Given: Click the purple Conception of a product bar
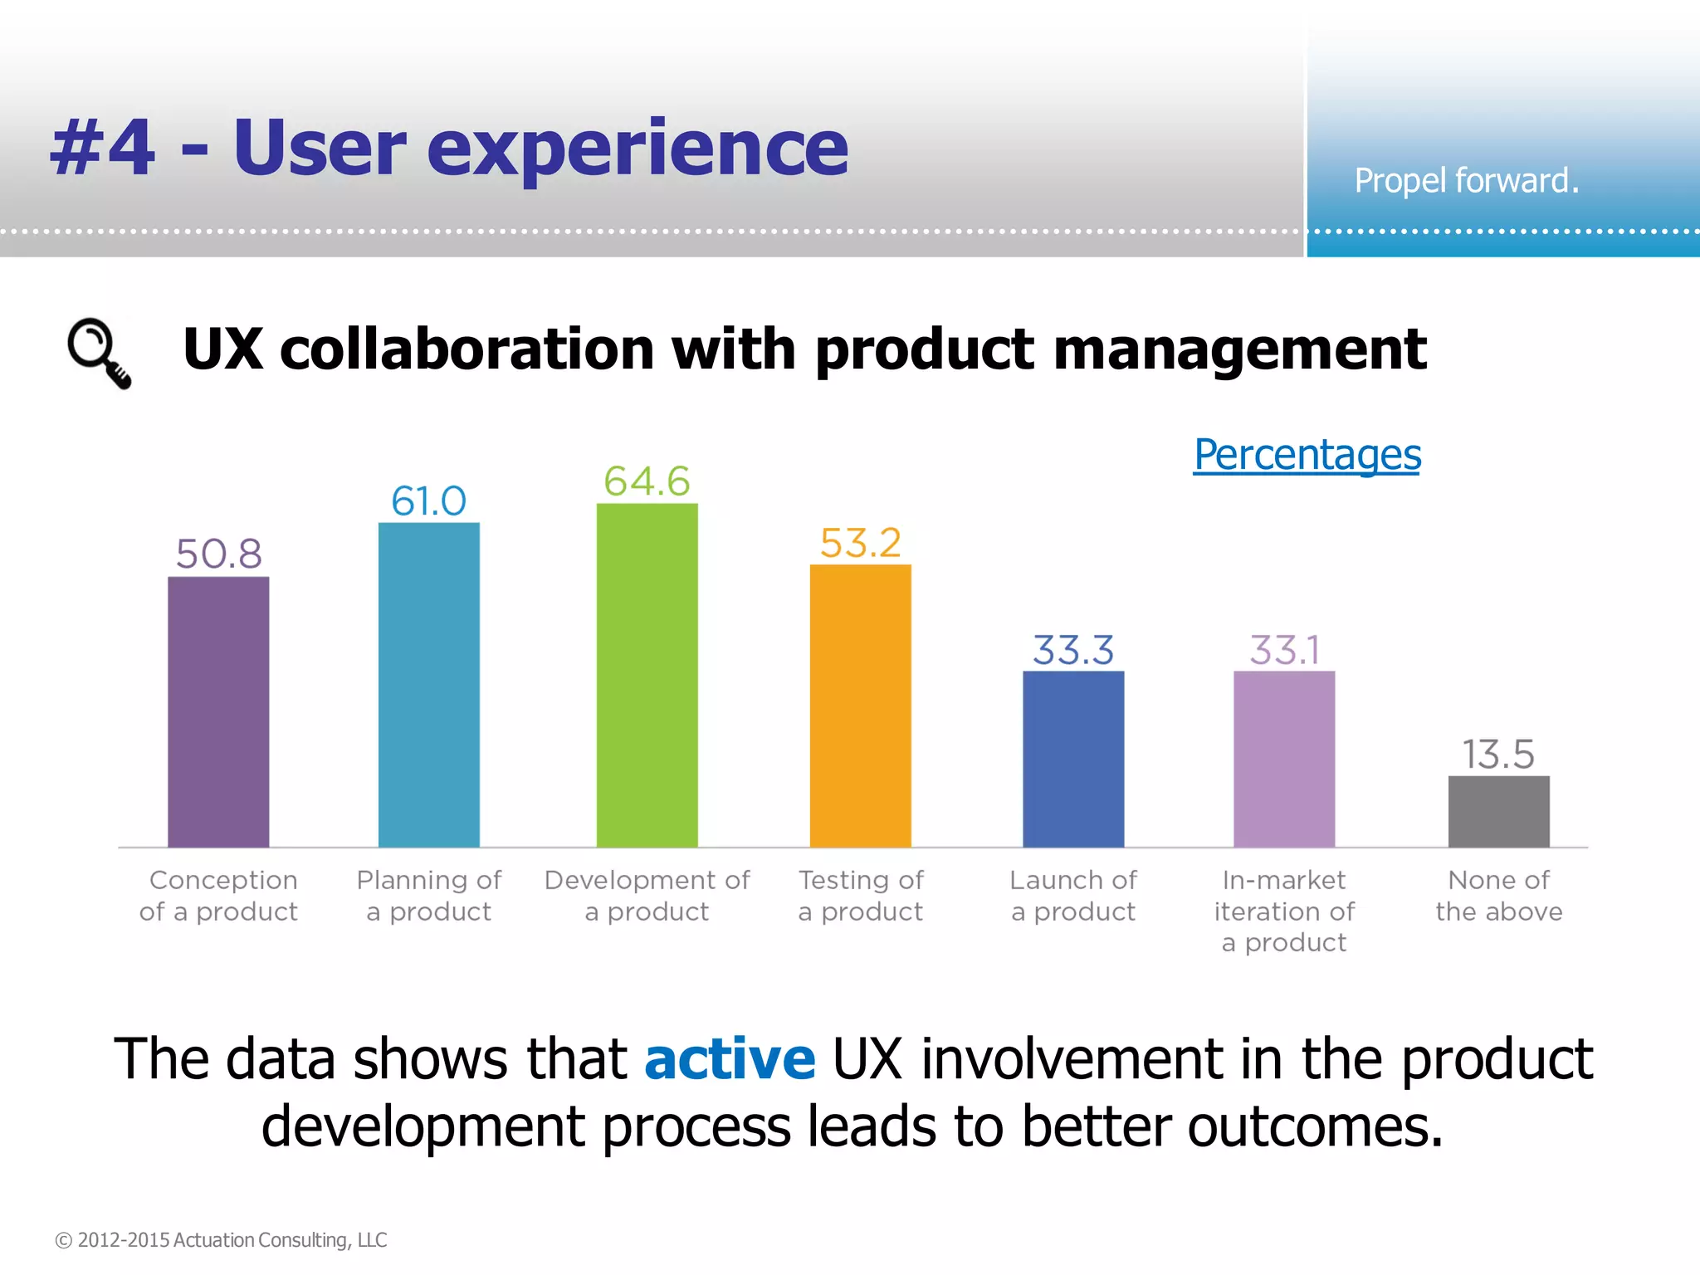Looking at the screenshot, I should (x=218, y=711).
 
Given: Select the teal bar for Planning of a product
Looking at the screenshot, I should (x=428, y=684).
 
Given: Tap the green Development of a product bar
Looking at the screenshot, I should (x=647, y=675).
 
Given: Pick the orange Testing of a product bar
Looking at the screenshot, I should (x=860, y=706).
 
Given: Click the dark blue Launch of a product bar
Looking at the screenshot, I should (x=1072, y=759).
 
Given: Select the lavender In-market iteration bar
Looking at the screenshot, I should (x=1283, y=759).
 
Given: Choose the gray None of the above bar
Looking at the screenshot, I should (x=1498, y=811).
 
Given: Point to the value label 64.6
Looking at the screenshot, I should (x=647, y=481).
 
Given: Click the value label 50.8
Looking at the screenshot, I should (x=218, y=554).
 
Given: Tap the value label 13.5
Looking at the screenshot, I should (x=1498, y=755).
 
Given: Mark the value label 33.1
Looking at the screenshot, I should (x=1284, y=650).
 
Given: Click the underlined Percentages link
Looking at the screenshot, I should (x=1307, y=455).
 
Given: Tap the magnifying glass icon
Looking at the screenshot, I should (x=99, y=352).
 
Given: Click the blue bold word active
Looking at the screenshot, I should (x=730, y=1059).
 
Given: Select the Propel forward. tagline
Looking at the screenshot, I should (x=1466, y=181).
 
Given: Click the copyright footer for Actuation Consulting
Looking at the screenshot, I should (x=221, y=1239).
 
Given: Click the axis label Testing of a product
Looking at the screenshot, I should (x=860, y=896).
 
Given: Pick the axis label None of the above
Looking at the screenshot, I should (x=1498, y=896).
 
